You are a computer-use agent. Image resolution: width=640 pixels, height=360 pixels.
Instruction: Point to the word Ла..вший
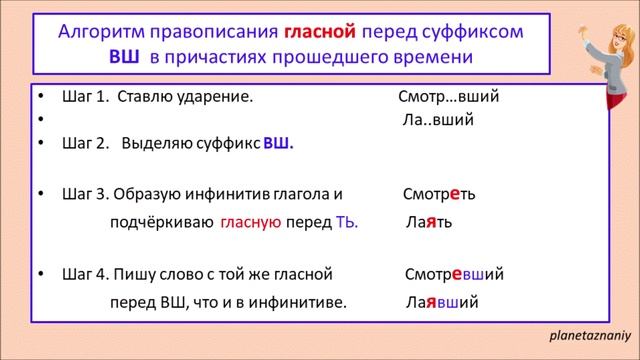437,120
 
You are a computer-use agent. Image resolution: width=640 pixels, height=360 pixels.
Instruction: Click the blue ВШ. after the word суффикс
278,143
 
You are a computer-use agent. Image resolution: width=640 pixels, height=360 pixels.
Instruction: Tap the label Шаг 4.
84,273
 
